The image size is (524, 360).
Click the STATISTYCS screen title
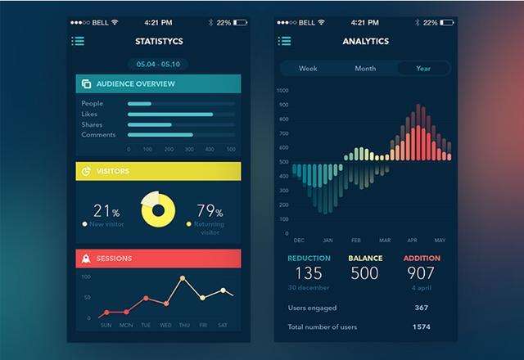pyautogui.click(x=158, y=41)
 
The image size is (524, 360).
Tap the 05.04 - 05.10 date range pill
pyautogui.click(x=158, y=64)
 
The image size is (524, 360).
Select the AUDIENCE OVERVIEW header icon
pyautogui.click(x=86, y=83)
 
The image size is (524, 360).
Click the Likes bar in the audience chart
pyautogui.click(x=170, y=115)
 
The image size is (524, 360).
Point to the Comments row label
pyautogui.click(x=98, y=134)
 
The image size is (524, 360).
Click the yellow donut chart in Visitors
pyautogui.click(x=158, y=210)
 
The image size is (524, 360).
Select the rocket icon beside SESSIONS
pyautogui.click(x=86, y=259)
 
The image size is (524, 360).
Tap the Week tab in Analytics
pyautogui.click(x=309, y=69)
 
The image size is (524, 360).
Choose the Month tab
pyautogui.click(x=365, y=69)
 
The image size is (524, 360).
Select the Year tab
pyautogui.click(x=423, y=69)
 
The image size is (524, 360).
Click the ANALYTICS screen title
pyautogui.click(x=365, y=41)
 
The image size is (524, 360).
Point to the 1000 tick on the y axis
pyautogui.click(x=282, y=91)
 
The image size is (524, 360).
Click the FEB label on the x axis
pyautogui.click(x=356, y=241)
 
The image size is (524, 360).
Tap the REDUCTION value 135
pyautogui.click(x=309, y=273)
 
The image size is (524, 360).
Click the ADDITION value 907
pyautogui.click(x=422, y=273)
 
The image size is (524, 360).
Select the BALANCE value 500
pyautogui.click(x=365, y=273)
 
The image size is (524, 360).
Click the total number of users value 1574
pyautogui.click(x=422, y=327)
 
